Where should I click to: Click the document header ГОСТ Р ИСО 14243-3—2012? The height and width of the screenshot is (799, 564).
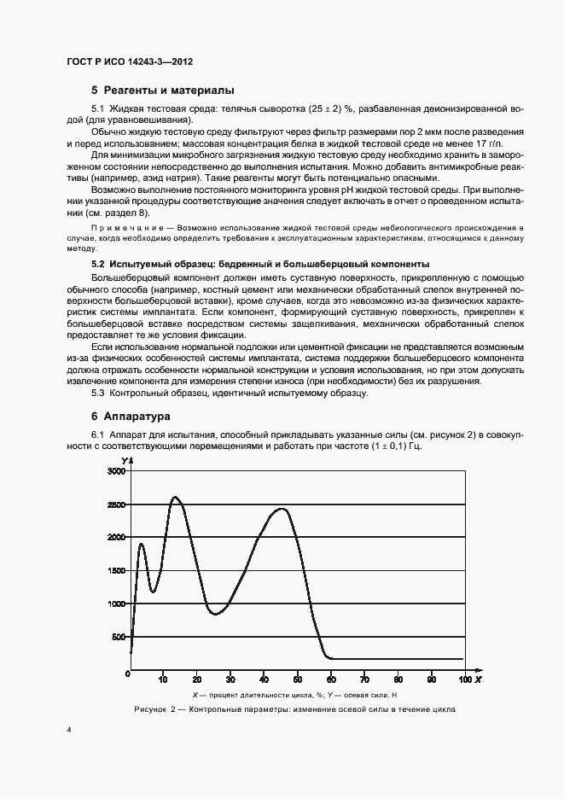136,62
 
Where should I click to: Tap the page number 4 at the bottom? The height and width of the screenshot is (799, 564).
68,731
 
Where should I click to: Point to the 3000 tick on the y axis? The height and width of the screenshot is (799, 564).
115,471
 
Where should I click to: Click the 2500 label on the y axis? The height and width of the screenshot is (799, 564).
115,504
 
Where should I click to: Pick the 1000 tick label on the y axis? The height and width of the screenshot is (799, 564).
115,604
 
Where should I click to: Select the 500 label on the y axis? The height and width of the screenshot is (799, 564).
118,638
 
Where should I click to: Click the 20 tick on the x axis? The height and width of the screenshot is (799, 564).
197,679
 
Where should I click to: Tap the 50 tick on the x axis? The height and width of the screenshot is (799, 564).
297,679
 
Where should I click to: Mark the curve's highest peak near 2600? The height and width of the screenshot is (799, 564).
176,497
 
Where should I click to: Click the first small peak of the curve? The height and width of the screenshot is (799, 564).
141,544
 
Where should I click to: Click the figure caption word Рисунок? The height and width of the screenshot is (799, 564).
151,710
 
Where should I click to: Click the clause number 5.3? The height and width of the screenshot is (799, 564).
97,393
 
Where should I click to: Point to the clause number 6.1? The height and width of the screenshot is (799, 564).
97,435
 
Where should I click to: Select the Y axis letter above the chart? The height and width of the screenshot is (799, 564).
124,462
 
